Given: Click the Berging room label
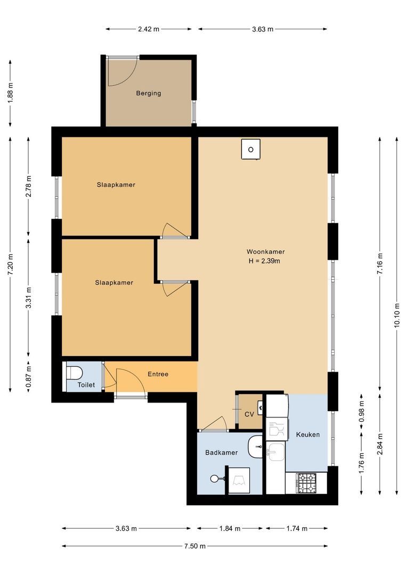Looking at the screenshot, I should click(148, 93).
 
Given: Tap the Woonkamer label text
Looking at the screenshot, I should click(265, 252).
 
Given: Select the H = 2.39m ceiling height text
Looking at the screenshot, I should click(264, 261).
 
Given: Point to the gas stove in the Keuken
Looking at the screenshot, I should click(306, 483).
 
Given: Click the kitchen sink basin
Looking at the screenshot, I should click(275, 453).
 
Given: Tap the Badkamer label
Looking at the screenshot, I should click(221, 453).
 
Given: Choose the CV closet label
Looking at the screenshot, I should click(249, 414).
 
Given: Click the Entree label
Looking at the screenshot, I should click(158, 374).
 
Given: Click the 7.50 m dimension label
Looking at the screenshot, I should click(194, 546).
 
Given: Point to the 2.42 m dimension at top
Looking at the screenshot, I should click(148, 29).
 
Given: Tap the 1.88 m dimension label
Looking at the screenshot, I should click(11, 94).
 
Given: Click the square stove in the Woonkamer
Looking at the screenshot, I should click(250, 149).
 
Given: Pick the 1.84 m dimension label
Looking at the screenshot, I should click(230, 529).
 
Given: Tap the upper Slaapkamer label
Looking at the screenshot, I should click(116, 185).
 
